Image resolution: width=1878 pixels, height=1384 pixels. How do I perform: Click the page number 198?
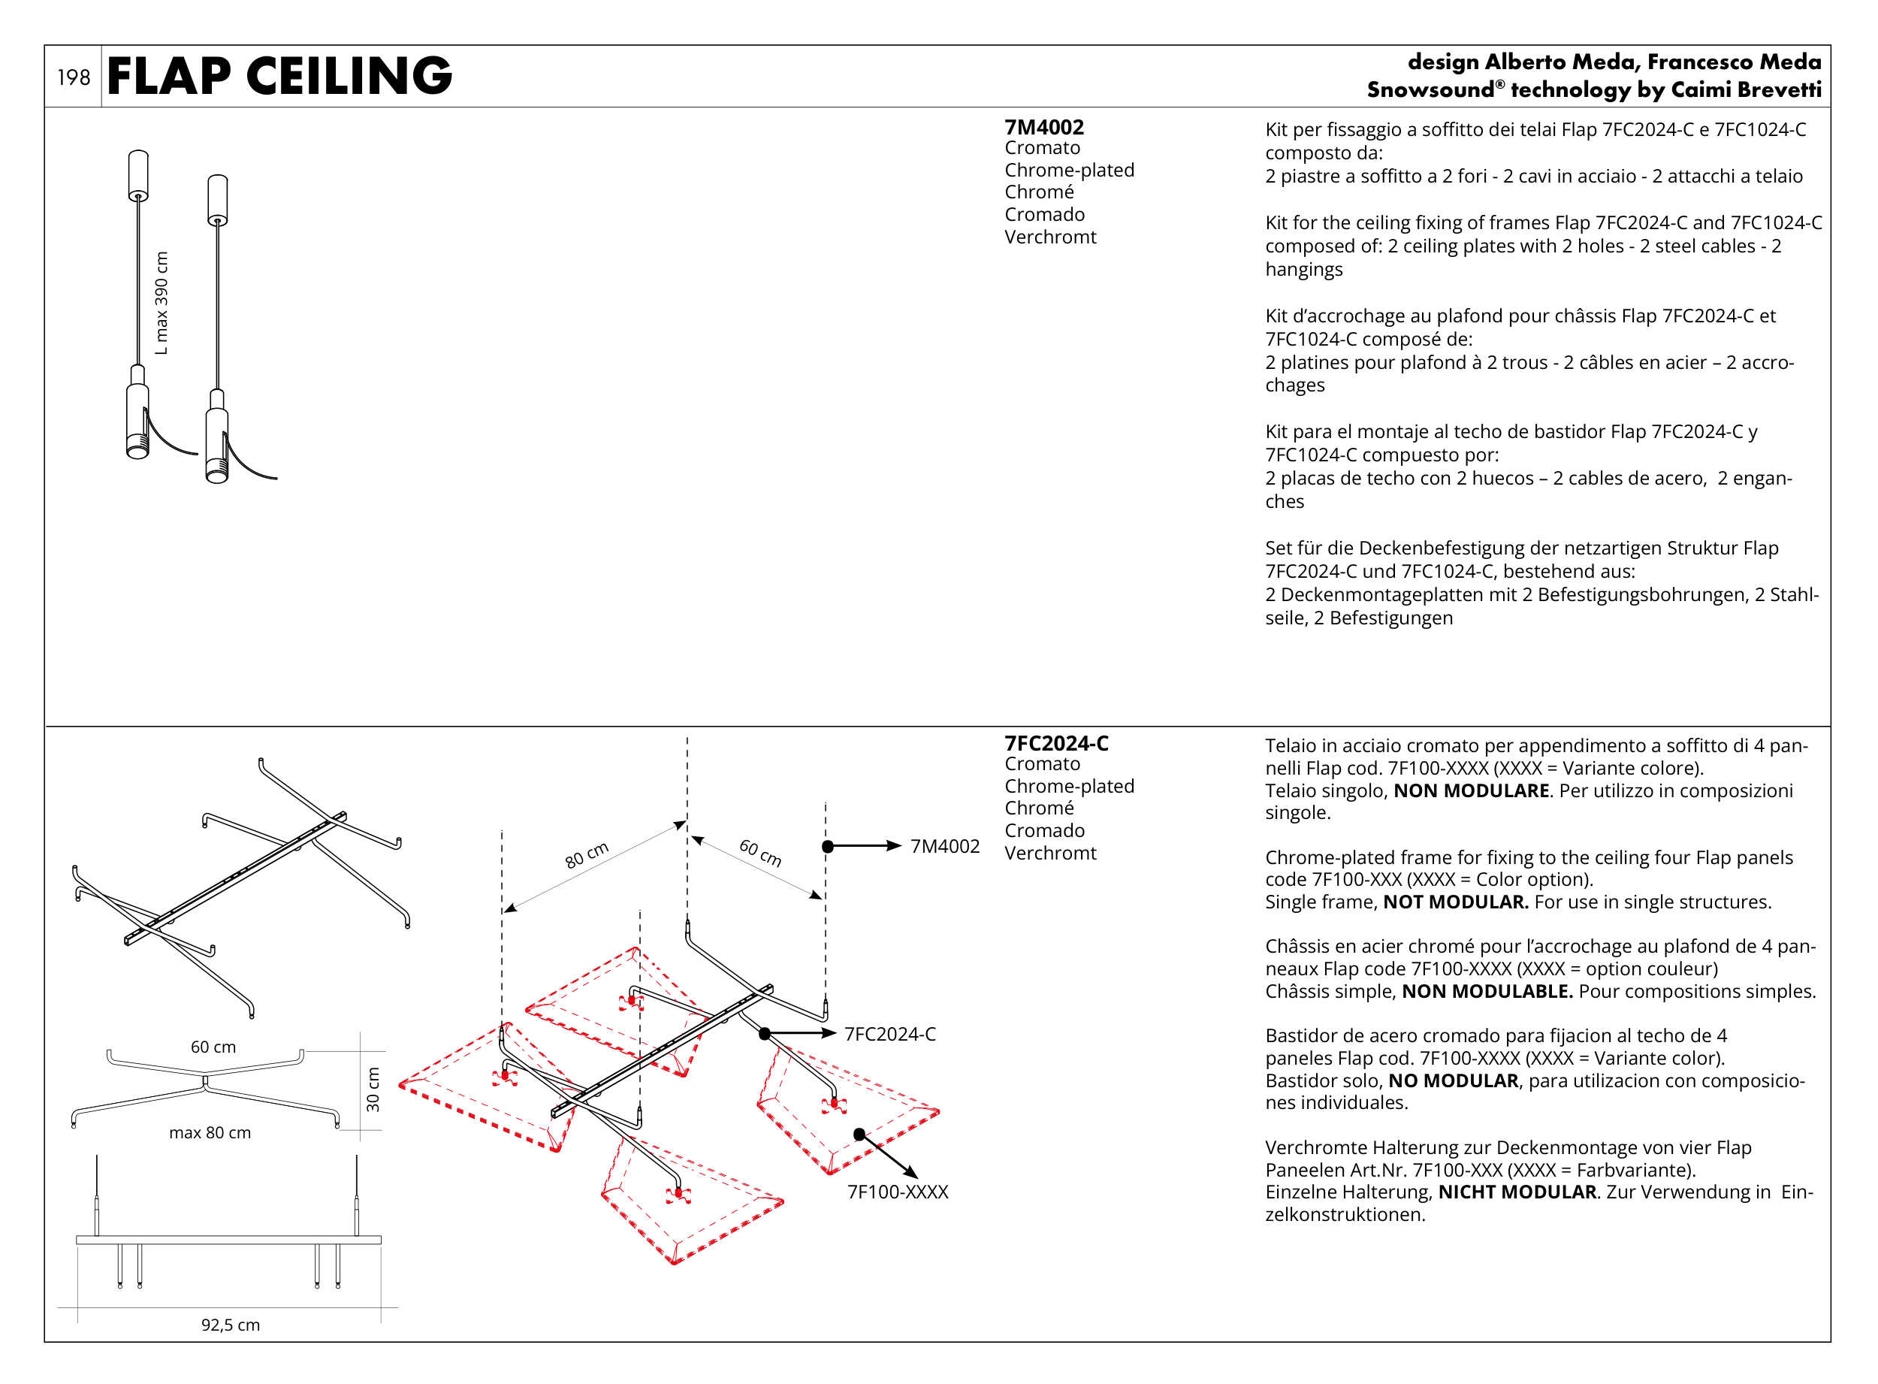pyautogui.click(x=73, y=77)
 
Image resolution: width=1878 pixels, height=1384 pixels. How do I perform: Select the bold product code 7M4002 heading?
pyautogui.click(x=1043, y=127)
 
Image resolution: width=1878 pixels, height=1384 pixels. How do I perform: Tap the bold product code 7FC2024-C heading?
pyautogui.click(x=1055, y=743)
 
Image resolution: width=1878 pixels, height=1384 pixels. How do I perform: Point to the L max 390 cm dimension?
pyautogui.click(x=161, y=303)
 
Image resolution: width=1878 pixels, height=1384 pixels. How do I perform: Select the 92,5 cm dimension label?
pyautogui.click(x=231, y=1325)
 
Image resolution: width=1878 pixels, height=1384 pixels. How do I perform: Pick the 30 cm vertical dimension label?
pyautogui.click(x=373, y=1089)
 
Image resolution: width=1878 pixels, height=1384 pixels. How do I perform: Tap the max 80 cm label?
pyautogui.click(x=210, y=1132)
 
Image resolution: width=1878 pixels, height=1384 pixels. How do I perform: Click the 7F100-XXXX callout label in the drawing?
pyautogui.click(x=897, y=1192)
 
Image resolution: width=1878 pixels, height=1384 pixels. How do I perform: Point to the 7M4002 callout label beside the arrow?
pyautogui.click(x=944, y=846)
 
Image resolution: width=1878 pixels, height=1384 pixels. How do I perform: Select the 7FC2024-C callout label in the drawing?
pyautogui.click(x=889, y=1034)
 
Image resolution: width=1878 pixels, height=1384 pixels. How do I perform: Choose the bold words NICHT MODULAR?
pyautogui.click(x=1517, y=1192)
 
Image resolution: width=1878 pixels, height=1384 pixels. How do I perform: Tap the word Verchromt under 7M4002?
pyautogui.click(x=1049, y=237)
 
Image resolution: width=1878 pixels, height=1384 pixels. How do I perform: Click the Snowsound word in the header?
pyautogui.click(x=1430, y=89)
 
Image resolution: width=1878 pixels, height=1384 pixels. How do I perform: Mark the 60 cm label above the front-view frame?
pyautogui.click(x=213, y=1047)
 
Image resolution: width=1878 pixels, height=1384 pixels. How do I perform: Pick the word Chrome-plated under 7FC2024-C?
pyautogui.click(x=1069, y=786)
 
